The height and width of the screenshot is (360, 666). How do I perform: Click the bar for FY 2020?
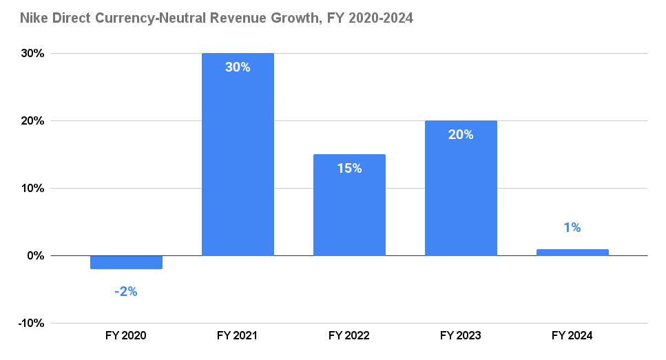click(x=126, y=262)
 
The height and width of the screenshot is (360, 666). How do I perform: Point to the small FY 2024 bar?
click(x=572, y=253)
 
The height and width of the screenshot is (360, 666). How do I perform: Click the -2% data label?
click(x=126, y=292)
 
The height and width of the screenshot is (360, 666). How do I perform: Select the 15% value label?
click(x=349, y=168)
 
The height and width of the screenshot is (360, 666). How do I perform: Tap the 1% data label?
click(x=572, y=228)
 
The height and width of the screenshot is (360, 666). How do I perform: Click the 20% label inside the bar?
click(x=461, y=135)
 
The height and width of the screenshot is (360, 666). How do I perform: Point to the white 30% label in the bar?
click(x=238, y=67)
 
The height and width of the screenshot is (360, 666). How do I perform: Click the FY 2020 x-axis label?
click(x=126, y=336)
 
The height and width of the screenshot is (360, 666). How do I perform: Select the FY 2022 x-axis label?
click(x=349, y=336)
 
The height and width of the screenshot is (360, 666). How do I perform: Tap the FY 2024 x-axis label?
click(x=572, y=336)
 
